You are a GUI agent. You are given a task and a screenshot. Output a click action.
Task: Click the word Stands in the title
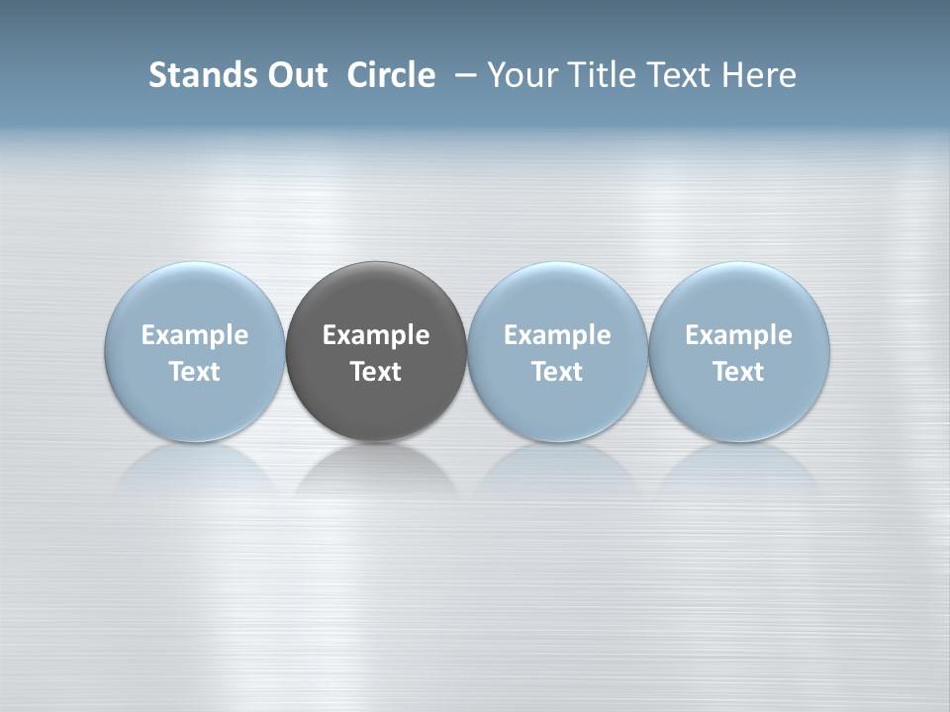point(190,75)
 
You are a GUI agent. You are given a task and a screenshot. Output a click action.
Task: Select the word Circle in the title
point(391,75)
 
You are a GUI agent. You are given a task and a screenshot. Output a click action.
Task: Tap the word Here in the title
point(759,75)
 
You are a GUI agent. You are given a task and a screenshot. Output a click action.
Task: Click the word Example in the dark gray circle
point(376,335)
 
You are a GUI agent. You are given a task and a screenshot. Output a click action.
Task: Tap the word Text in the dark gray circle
point(376,372)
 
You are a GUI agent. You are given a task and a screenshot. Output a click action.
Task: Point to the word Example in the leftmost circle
point(195,335)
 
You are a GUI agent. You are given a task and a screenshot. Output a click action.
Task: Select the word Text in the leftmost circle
point(195,372)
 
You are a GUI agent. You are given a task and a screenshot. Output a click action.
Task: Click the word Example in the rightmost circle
point(738,335)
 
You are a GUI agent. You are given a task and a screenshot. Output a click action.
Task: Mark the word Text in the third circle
point(557,372)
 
